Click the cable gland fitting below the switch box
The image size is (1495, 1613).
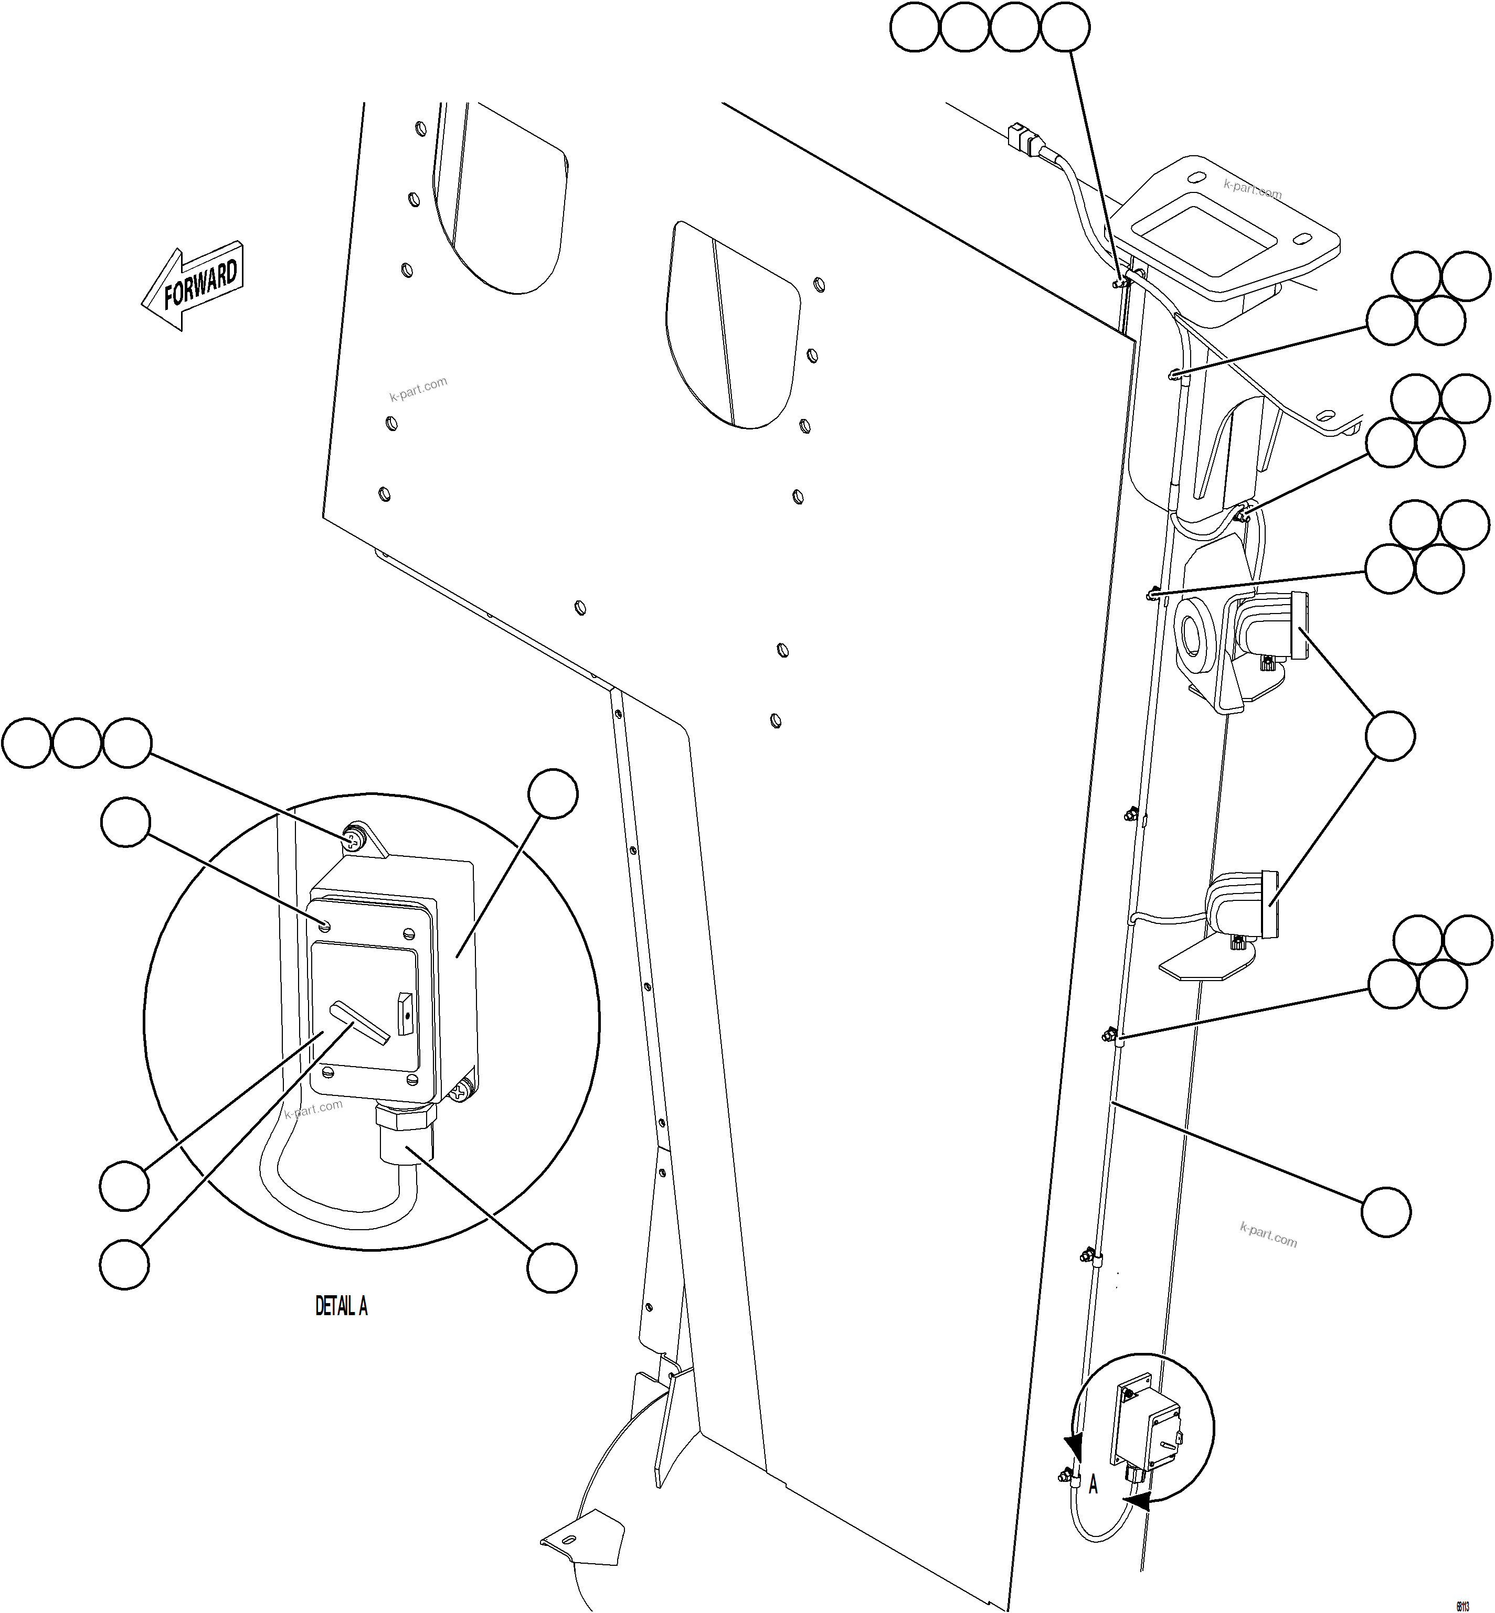coord(405,1132)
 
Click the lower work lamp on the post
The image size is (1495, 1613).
coord(1241,907)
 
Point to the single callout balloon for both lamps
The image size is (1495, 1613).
coord(1390,736)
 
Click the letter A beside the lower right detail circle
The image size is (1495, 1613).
coord(1093,1485)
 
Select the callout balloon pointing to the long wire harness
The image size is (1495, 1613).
coord(1386,1211)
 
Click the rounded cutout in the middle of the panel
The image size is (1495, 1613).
coord(732,324)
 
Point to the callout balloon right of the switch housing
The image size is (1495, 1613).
coord(553,794)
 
